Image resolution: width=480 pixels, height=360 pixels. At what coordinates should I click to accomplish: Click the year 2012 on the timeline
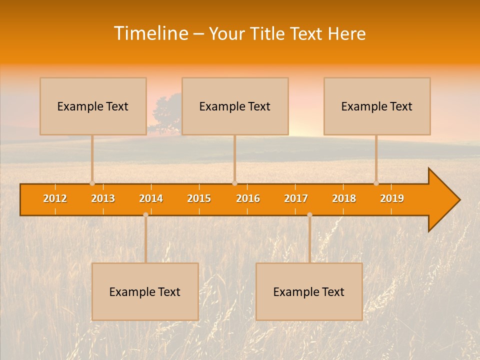point(55,198)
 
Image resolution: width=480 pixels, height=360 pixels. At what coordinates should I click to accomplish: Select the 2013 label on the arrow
point(103,198)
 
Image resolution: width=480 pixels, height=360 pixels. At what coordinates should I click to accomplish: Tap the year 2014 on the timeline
point(151,198)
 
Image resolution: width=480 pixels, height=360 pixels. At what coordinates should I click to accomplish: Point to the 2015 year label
point(199,198)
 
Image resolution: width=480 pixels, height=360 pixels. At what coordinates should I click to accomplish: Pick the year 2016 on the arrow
point(248,198)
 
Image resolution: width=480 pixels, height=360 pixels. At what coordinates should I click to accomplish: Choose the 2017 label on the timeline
point(296,198)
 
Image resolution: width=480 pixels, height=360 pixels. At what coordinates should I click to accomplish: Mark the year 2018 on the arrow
point(344,198)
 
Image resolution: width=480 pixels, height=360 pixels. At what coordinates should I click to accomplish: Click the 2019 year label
point(392,198)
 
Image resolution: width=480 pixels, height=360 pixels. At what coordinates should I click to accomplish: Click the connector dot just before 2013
point(92,183)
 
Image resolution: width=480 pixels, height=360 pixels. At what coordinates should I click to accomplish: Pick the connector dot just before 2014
point(145,214)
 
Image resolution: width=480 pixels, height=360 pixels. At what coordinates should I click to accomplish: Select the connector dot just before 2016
point(234,183)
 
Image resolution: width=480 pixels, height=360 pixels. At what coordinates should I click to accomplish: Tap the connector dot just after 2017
point(309,214)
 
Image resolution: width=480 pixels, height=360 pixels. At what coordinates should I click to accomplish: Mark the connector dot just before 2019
point(376,183)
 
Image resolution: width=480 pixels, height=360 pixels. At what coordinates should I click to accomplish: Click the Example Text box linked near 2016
point(235,106)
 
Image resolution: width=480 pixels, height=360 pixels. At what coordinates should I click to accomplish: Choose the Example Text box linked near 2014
point(145,291)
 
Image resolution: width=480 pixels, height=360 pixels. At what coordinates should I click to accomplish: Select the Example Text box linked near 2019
point(377,106)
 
